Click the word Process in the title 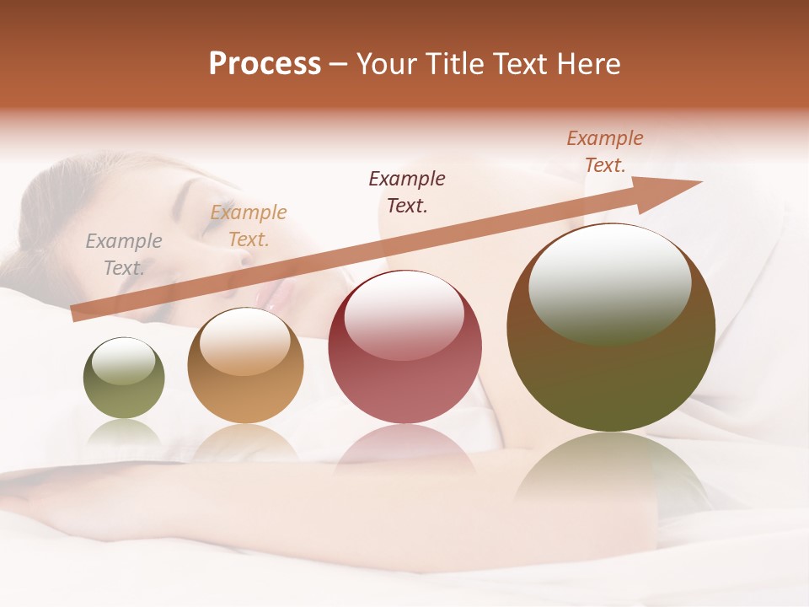[265, 63]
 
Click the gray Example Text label [123, 255]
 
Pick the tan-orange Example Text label [248, 226]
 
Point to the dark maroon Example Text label [407, 191]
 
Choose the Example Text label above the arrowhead [604, 152]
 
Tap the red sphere [404, 347]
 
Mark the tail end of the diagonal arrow [74, 314]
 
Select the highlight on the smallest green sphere [124, 362]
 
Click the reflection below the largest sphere [611, 472]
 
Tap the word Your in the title [388, 63]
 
